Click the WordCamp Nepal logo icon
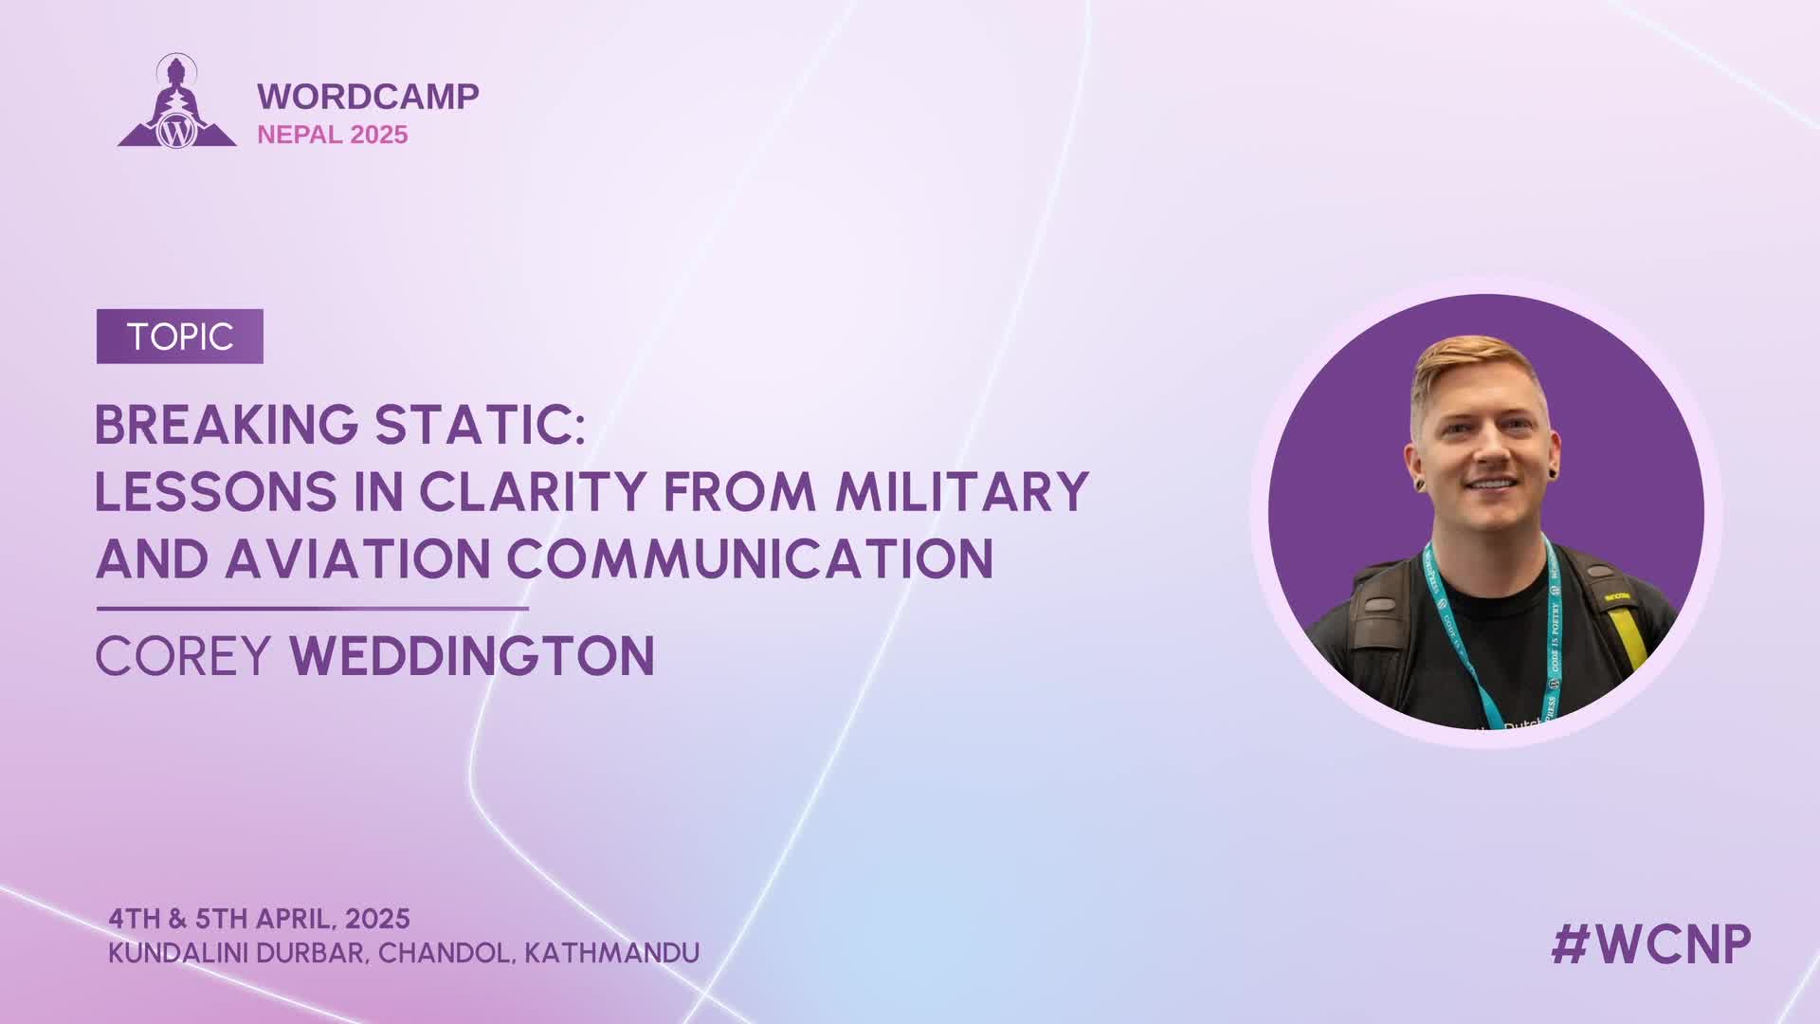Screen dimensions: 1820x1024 click(176, 101)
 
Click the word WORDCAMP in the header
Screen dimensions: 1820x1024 click(368, 96)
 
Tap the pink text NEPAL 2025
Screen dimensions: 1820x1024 click(332, 135)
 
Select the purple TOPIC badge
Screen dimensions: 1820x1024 click(180, 337)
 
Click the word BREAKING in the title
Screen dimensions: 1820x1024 click(227, 425)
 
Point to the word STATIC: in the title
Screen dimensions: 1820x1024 click(480, 425)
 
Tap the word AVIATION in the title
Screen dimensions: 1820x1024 click(357, 558)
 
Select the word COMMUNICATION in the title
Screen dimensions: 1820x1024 click(750, 558)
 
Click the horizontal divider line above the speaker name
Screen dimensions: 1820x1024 click(312, 608)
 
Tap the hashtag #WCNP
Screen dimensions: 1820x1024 click(1651, 944)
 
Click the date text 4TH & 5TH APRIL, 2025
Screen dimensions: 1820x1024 click(259, 919)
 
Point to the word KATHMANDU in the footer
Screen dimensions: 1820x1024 click(611, 952)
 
